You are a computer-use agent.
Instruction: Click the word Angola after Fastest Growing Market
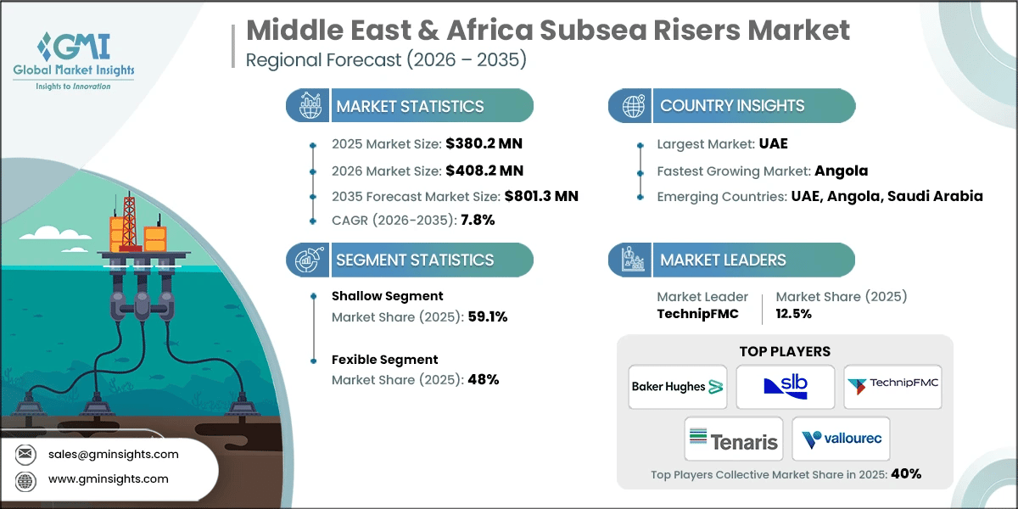[x=842, y=171]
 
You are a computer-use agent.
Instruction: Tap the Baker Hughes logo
[x=677, y=387]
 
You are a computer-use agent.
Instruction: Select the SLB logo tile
[x=786, y=387]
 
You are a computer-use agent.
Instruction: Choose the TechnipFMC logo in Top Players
[x=893, y=387]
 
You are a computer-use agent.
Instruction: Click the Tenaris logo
[x=732, y=439]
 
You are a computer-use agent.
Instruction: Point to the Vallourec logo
[x=841, y=439]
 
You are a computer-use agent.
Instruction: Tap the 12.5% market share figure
[x=794, y=313]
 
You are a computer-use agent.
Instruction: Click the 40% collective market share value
[x=905, y=473]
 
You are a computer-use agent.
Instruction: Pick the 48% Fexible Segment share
[x=482, y=379]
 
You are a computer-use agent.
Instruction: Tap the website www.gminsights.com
[x=109, y=478]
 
